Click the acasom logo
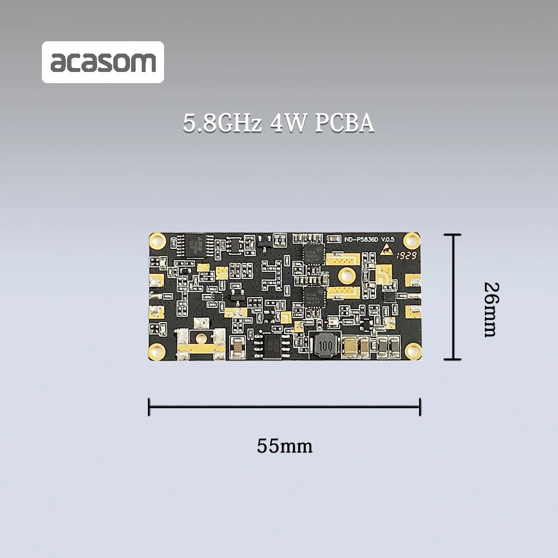pos(103,62)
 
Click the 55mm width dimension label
pos(285,446)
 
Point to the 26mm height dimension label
pos(490,309)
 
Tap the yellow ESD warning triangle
pos(386,251)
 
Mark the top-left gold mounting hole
pos(157,241)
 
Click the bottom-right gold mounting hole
pos(412,350)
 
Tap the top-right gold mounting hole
pos(412,240)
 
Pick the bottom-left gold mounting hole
pos(157,351)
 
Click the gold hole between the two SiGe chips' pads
pos(346,275)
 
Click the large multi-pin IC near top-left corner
pos(195,245)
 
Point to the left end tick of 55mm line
pos(149,407)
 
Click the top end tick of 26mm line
pos(453,235)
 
